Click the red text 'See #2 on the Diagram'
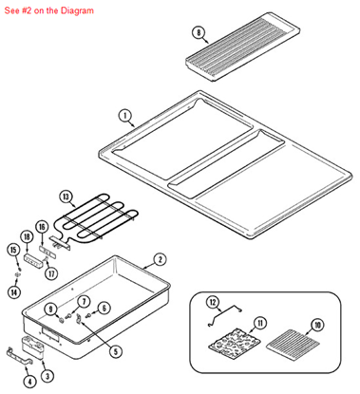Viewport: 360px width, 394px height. click(48, 10)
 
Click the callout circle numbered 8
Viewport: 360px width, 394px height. click(199, 32)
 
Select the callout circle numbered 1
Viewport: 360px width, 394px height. click(124, 116)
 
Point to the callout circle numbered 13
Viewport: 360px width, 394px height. click(66, 197)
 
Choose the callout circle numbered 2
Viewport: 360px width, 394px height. click(161, 258)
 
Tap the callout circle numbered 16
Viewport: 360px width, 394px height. click(42, 228)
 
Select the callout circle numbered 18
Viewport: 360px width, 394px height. click(28, 235)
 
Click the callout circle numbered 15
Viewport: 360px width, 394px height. click(13, 250)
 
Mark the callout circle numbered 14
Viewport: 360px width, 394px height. click(13, 292)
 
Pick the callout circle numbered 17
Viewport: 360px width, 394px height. click(53, 274)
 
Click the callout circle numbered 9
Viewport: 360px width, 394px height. click(50, 310)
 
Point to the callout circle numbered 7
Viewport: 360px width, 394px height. click(84, 301)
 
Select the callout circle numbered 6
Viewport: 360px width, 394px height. click(104, 308)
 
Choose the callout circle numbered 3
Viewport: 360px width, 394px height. click(47, 377)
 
